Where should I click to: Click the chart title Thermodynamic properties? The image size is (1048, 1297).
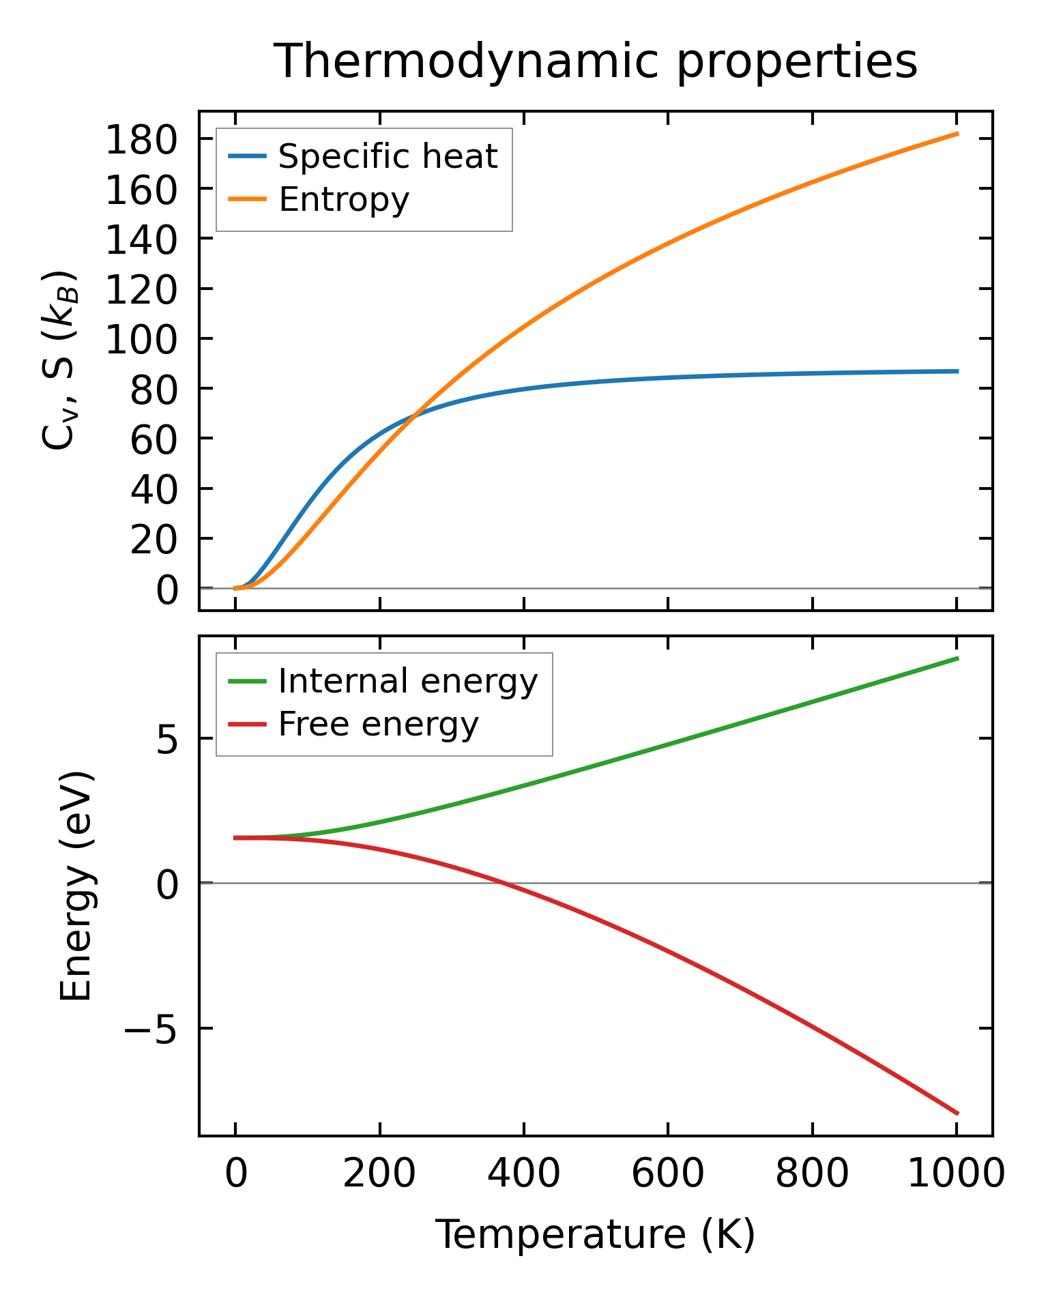595,62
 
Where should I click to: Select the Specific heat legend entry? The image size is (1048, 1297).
388,157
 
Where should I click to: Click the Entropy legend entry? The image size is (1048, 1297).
343,200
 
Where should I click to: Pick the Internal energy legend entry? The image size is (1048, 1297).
407,682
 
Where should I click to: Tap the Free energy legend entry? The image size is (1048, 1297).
378,725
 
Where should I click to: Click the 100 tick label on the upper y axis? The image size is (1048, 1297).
141,340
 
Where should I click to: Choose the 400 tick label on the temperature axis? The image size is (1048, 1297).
523,1175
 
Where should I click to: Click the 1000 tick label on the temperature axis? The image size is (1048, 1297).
956,1175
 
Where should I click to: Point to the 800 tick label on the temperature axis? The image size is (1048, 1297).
812,1175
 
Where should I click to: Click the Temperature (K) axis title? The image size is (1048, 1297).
595,1236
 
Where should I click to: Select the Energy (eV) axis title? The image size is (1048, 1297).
76,886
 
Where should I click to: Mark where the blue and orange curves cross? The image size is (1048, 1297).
413,416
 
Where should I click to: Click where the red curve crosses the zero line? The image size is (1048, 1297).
504,883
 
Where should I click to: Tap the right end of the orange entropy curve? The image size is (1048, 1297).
958,134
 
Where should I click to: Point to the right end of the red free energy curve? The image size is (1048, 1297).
958,1113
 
